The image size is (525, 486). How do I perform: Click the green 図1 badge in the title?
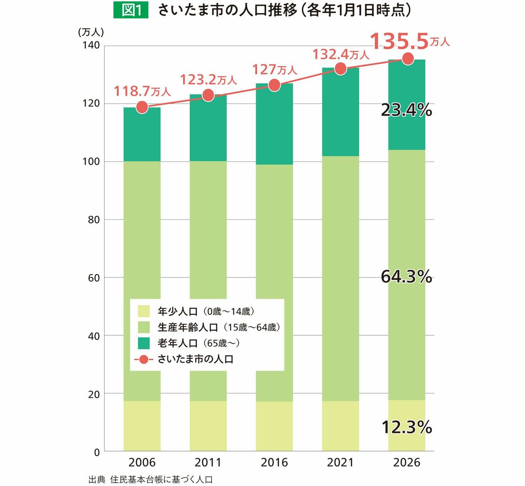click(130, 10)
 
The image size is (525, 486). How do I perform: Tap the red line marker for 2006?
click(142, 107)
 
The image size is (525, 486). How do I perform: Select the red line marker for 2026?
click(407, 59)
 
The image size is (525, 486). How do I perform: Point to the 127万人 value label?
click(274, 69)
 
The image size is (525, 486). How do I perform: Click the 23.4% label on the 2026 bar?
click(406, 111)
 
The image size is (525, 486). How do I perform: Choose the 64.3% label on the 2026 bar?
click(406, 277)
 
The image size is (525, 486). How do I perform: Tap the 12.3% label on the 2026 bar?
click(406, 428)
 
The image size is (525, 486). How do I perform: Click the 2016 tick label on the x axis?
click(274, 462)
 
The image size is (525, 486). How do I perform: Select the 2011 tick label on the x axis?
click(208, 462)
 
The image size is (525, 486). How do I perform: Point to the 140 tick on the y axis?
click(92, 46)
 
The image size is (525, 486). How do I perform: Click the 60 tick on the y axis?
click(94, 278)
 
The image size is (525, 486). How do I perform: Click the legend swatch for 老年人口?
click(144, 344)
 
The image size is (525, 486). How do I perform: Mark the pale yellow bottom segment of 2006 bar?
click(142, 426)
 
